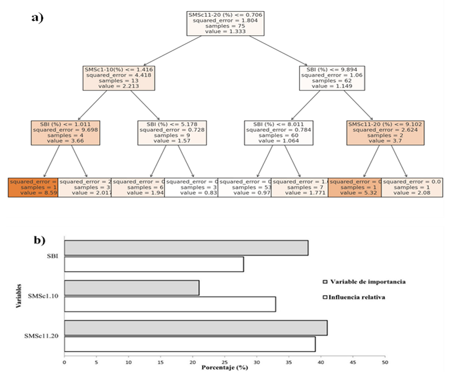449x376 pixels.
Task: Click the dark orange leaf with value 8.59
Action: (33, 187)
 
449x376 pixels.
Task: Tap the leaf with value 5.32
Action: (355, 187)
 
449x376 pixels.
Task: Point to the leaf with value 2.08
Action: (412, 187)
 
